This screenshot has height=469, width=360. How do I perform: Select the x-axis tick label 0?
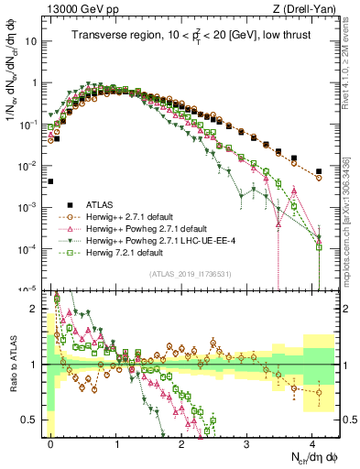coord(51,441)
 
